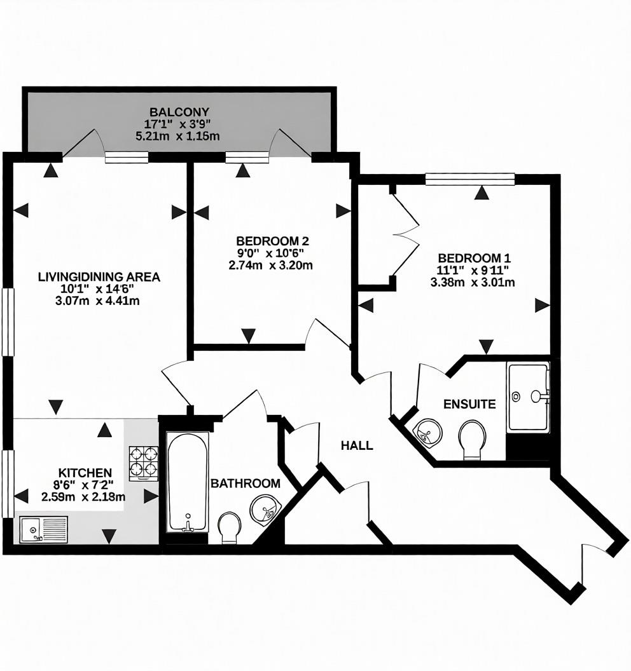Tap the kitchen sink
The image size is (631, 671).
pyautogui.click(x=43, y=529)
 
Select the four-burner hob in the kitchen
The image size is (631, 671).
pyautogui.click(x=144, y=462)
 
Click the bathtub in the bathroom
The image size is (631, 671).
pyautogui.click(x=187, y=482)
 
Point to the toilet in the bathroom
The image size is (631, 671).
pyautogui.click(x=229, y=527)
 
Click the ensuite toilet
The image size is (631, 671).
pyautogui.click(x=472, y=438)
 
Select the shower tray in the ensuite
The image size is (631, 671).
pyautogui.click(x=528, y=398)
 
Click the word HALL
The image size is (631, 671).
pyautogui.click(x=357, y=445)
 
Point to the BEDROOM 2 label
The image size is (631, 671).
pyautogui.click(x=272, y=241)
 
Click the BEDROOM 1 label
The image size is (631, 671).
pyautogui.click(x=474, y=259)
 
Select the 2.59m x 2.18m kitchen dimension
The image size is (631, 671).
pyautogui.click(x=83, y=497)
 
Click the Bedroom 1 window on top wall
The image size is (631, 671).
pyautogui.click(x=469, y=180)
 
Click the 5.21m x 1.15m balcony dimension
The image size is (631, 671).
pyautogui.click(x=177, y=136)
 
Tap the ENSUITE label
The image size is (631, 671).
pyautogui.click(x=469, y=404)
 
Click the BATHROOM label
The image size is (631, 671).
pyautogui.click(x=246, y=484)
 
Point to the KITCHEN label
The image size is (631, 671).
pyautogui.click(x=85, y=473)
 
